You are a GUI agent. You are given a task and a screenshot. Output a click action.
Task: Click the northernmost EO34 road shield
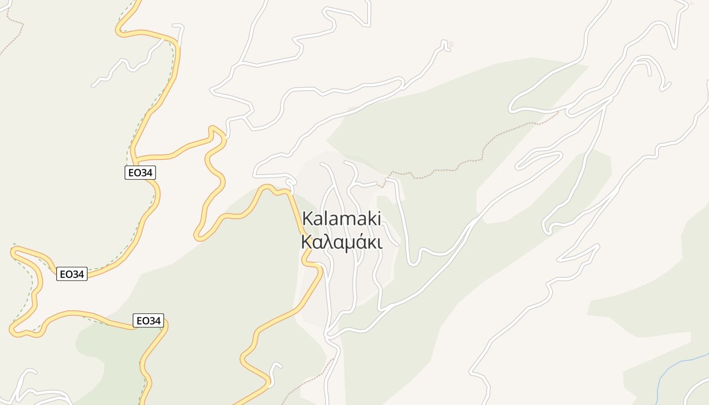[140, 173]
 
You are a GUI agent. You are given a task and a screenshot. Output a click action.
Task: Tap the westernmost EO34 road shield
[71, 274]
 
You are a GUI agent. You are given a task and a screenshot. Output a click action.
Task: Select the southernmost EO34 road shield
[148, 320]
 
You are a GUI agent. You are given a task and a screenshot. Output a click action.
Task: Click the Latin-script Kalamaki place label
[341, 219]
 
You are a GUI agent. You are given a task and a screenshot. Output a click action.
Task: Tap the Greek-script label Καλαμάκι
[341, 242]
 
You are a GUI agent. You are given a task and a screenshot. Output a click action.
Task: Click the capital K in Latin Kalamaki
[307, 219]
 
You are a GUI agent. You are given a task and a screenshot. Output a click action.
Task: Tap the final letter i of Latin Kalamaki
[378, 219]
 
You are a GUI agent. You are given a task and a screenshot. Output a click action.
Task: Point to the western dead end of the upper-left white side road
[94, 85]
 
